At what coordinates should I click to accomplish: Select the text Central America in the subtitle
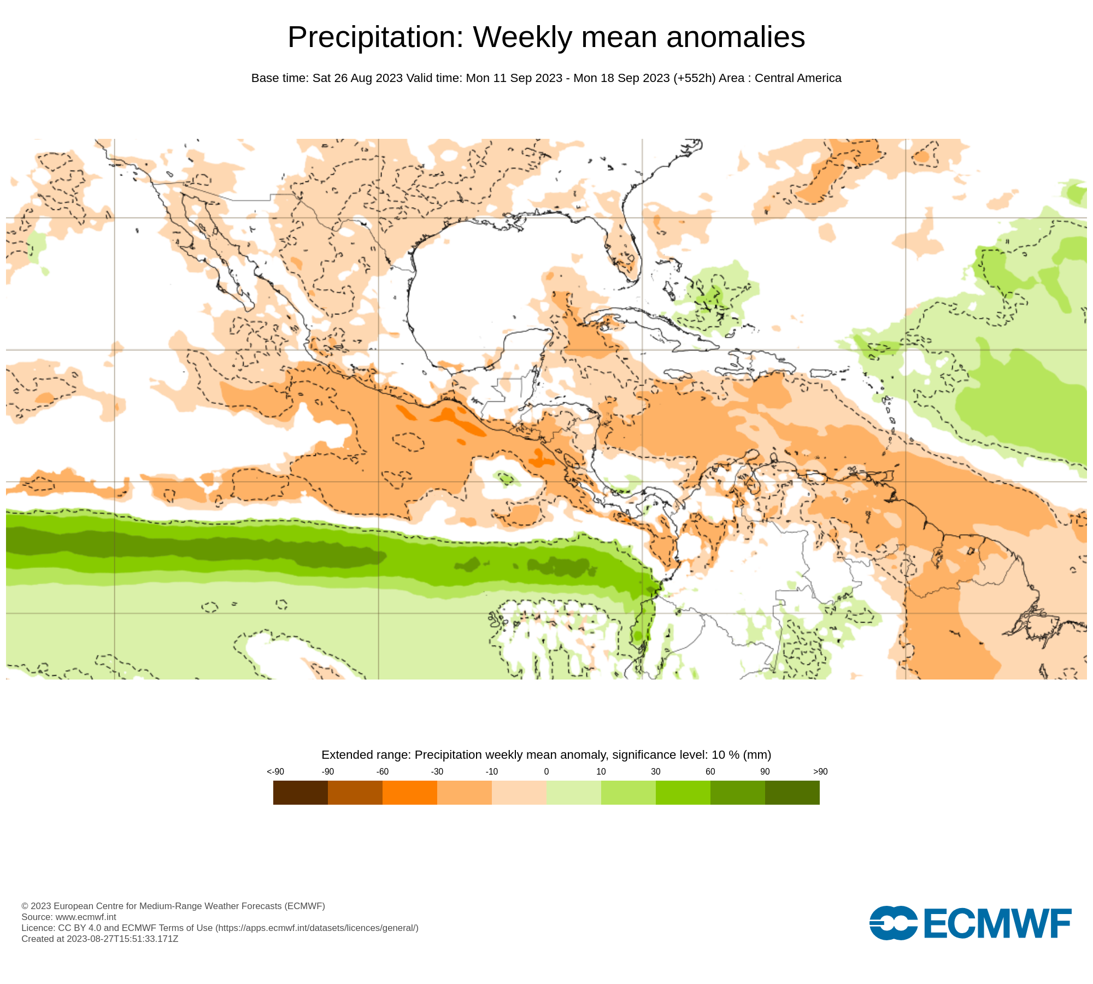pos(798,78)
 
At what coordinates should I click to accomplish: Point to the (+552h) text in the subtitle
pos(694,78)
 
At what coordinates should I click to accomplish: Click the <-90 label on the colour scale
pos(275,771)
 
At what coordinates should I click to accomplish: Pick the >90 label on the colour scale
pos(820,771)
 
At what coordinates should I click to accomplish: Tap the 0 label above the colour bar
pos(546,771)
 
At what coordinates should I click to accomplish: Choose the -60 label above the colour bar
pos(383,771)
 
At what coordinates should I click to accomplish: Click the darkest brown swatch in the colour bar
pos(301,792)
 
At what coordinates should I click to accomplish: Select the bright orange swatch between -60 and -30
pos(410,792)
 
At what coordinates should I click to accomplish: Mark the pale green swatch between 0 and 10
pos(574,792)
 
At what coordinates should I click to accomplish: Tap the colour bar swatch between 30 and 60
pos(683,792)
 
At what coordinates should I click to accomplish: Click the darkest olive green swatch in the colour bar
pos(792,792)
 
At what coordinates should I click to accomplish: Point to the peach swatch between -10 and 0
pos(519,792)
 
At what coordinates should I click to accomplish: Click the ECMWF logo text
pos(997,923)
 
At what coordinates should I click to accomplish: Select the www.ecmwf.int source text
pos(86,917)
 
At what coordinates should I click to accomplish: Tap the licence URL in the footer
pos(317,928)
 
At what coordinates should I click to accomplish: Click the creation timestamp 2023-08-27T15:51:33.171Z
pos(122,939)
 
